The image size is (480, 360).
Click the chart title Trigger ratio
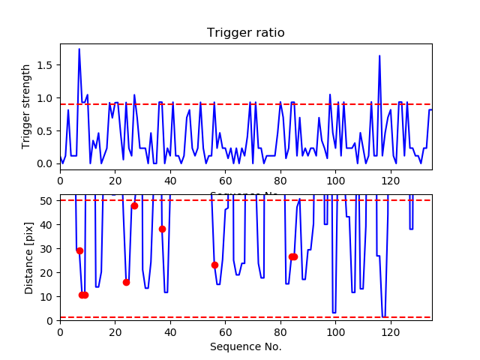[245, 33]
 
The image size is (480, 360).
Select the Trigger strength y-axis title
[27, 106]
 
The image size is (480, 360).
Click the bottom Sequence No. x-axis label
[245, 346]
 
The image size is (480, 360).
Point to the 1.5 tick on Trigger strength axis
[48, 65]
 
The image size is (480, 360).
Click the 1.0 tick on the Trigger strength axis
[48, 98]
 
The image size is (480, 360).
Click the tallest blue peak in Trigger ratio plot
[79, 49]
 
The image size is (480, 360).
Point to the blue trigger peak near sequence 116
[379, 56]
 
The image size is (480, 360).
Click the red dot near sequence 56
[214, 265]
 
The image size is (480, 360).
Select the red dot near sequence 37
[162, 229]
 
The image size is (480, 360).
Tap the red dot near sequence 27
[134, 205]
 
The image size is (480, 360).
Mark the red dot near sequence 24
[126, 282]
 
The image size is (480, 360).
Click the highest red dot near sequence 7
[79, 250]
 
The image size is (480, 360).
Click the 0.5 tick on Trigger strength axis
[48, 131]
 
